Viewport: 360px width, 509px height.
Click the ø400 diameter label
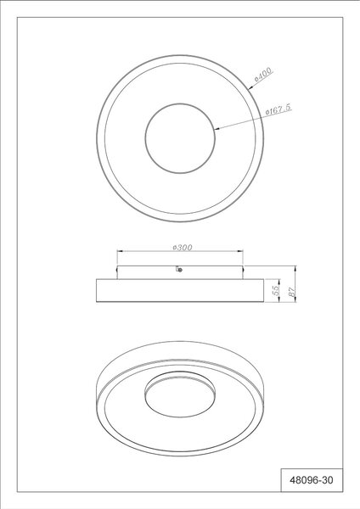point(263,75)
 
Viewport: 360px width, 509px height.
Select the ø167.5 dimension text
point(278,109)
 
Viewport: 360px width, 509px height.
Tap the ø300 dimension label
point(183,248)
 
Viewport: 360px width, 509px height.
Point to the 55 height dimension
point(276,290)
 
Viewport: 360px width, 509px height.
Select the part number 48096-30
point(312,480)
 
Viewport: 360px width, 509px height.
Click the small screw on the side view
point(179,269)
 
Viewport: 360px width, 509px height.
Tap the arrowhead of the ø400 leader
point(250,87)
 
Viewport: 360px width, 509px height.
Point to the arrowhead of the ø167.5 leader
point(217,129)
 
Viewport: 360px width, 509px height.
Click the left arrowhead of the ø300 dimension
point(120,251)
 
